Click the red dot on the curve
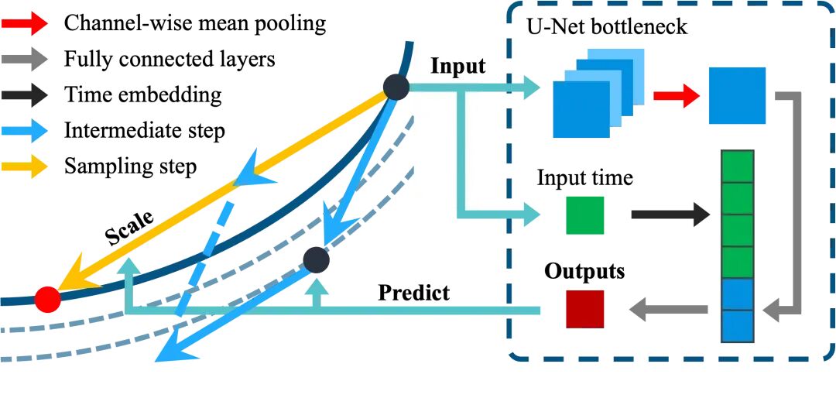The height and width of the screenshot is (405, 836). (47, 298)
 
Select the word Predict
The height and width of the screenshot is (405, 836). (414, 293)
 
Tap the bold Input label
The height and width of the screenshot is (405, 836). (457, 66)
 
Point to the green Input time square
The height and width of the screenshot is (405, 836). (584, 215)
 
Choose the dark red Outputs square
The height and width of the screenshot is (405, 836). (584, 310)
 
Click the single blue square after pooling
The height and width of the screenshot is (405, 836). (737, 96)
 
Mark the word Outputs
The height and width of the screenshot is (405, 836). (584, 273)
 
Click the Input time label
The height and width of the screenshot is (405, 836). (584, 179)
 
